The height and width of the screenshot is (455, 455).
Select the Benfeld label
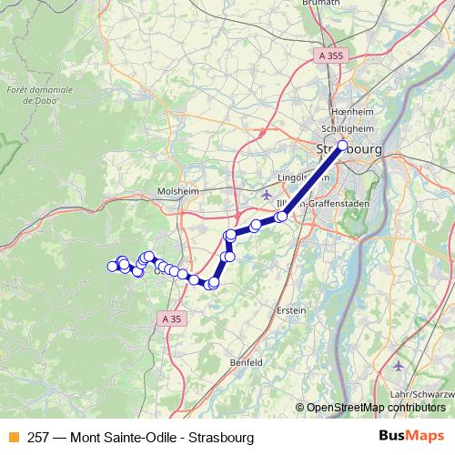(246, 362)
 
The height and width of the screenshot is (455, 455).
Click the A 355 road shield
(331, 56)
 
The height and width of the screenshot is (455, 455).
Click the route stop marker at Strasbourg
(343, 146)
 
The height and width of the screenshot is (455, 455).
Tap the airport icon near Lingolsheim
(265, 194)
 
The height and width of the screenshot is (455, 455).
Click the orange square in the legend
(13, 437)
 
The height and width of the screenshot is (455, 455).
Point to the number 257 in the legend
(37, 437)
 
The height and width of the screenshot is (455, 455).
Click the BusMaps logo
(411, 437)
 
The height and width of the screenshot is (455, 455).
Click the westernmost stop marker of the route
(113, 266)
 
